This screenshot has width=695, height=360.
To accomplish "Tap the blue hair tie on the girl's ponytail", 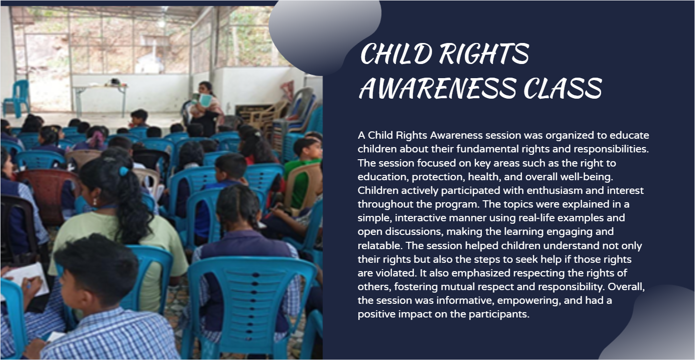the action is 124,171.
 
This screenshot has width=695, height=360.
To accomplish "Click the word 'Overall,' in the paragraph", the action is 626,287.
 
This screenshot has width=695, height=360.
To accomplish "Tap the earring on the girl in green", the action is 95,202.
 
